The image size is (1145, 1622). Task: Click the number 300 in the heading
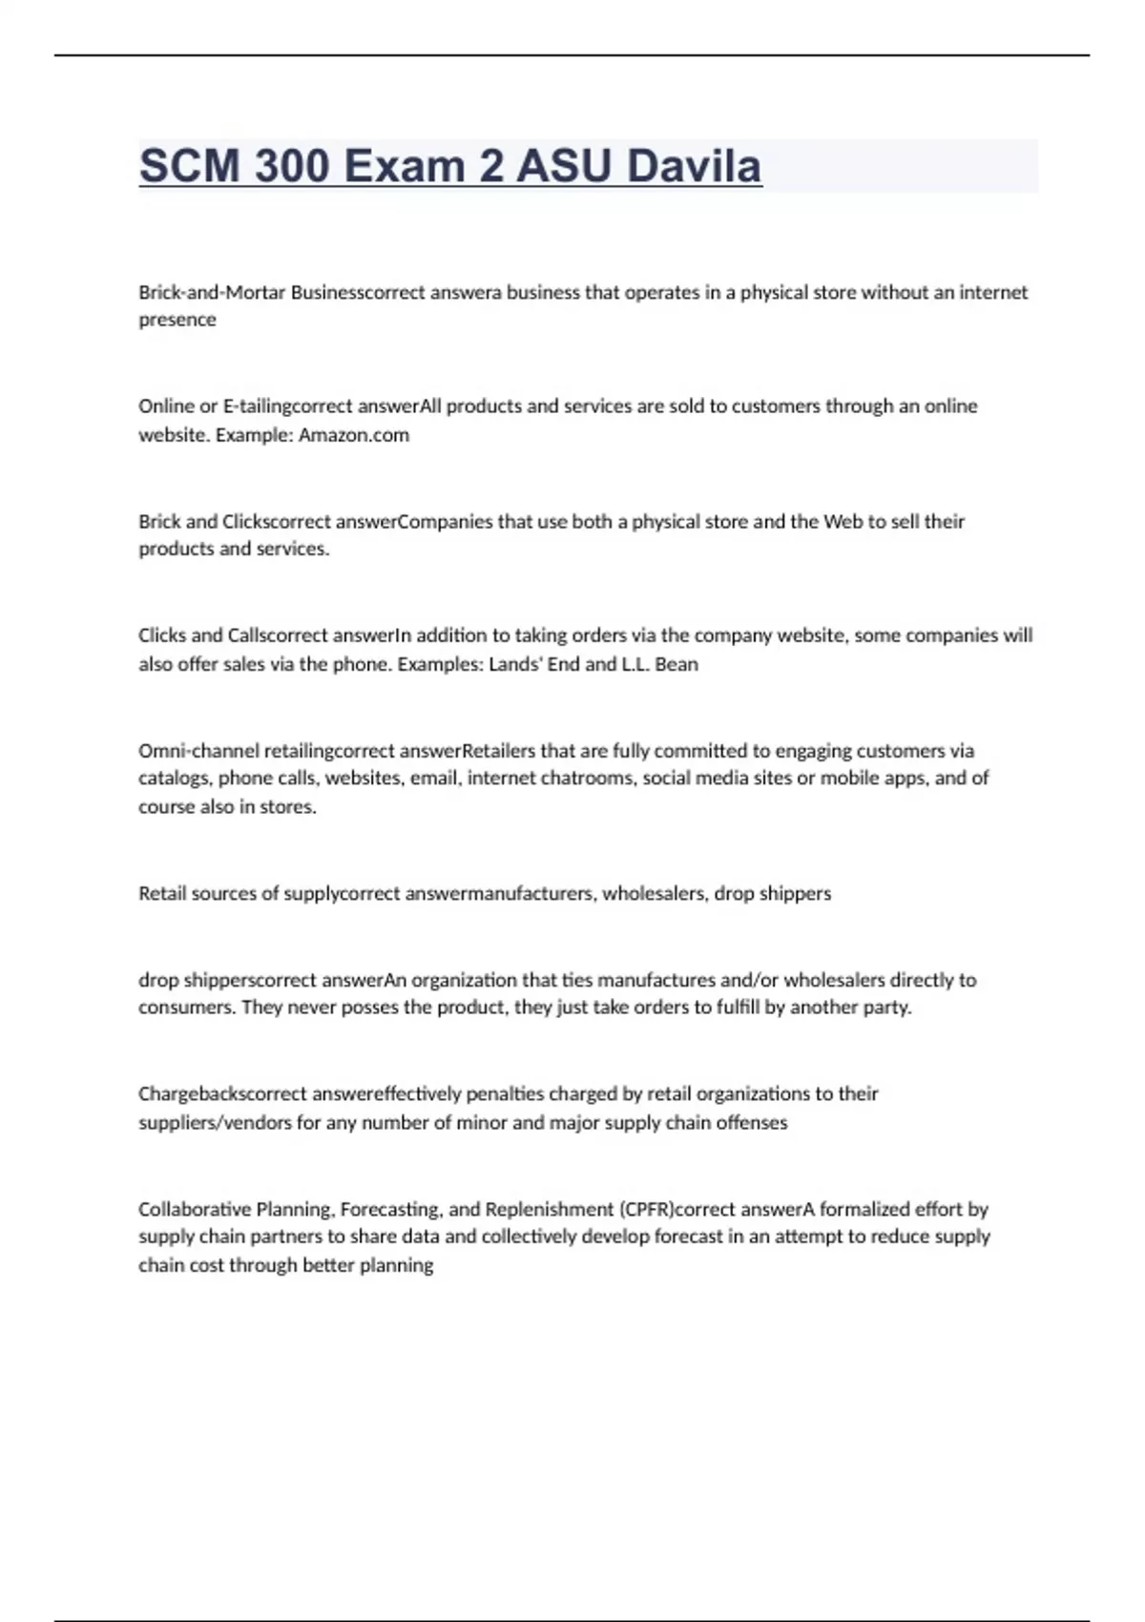click(x=288, y=166)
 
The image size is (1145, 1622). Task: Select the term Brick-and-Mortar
click(x=212, y=292)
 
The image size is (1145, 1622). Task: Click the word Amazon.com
click(x=354, y=435)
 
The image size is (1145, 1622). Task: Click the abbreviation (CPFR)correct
click(x=674, y=1209)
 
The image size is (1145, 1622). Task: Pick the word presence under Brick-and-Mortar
click(x=177, y=320)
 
